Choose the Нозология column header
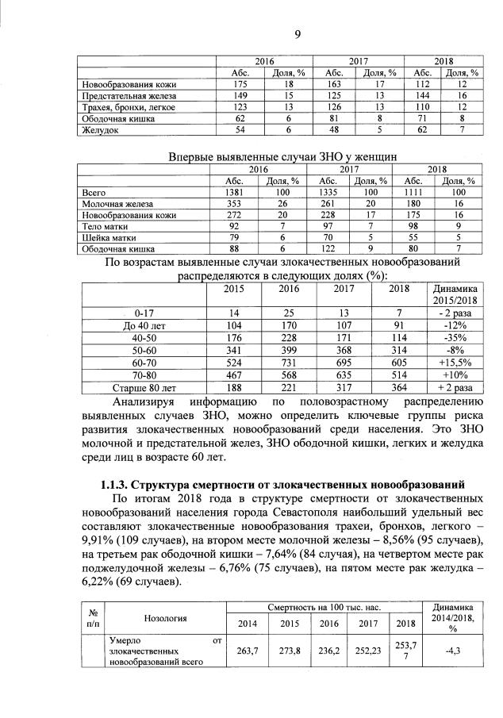click(165, 616)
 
